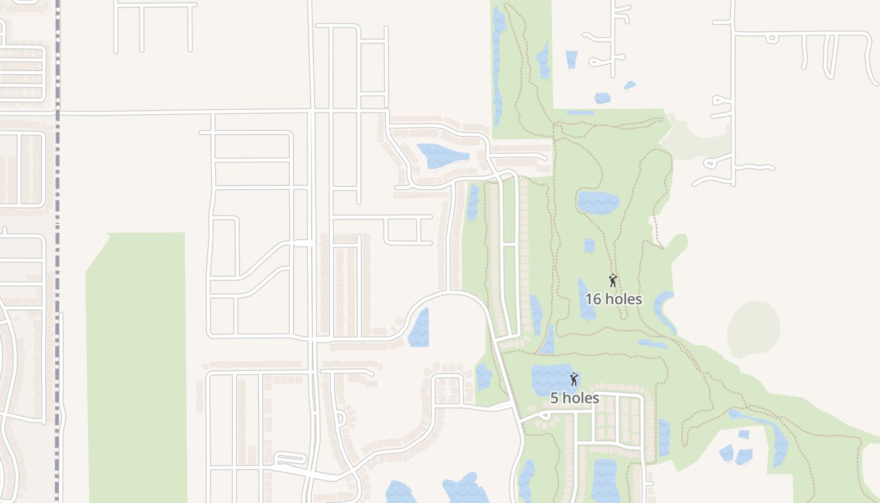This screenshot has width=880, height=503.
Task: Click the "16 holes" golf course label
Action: click(x=613, y=299)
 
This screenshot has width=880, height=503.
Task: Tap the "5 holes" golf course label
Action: click(x=575, y=398)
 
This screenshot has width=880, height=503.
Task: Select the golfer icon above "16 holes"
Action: click(x=613, y=280)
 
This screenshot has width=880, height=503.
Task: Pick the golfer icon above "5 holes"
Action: click(x=573, y=379)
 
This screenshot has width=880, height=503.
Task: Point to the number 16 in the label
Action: click(x=593, y=299)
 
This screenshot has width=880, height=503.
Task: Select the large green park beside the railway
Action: click(x=137, y=365)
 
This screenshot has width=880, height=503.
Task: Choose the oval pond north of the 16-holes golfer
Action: click(x=598, y=202)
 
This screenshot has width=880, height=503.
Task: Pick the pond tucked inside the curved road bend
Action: click(x=419, y=328)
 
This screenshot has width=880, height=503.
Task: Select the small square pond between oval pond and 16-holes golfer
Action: click(x=589, y=245)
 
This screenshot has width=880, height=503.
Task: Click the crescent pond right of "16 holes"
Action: click(x=664, y=310)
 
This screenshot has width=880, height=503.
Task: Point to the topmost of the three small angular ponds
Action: click(x=744, y=434)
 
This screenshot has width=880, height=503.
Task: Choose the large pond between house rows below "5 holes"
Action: click(x=605, y=480)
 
